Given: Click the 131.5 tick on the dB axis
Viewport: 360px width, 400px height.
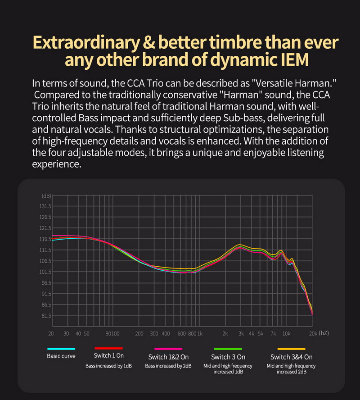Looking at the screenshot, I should (x=46, y=206).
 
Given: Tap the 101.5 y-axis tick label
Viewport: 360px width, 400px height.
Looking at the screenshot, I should (x=46, y=272).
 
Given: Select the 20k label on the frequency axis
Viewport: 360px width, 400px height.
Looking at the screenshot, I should (x=313, y=333).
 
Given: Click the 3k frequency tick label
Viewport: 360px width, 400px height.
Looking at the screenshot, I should (x=241, y=333).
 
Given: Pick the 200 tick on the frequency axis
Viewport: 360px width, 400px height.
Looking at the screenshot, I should (x=139, y=333).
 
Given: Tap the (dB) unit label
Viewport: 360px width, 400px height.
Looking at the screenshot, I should (x=46, y=195).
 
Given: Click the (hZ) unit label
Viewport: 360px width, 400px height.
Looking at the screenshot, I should (x=324, y=333).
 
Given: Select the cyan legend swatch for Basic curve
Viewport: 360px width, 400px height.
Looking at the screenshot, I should (x=61, y=349).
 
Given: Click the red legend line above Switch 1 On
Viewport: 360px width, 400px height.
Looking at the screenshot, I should (x=108, y=348).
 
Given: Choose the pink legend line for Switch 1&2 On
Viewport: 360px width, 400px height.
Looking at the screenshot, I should (x=168, y=349).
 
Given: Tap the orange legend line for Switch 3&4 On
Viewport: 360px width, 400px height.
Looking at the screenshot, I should (x=291, y=349).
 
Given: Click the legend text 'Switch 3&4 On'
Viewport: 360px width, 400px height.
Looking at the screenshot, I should (x=291, y=357).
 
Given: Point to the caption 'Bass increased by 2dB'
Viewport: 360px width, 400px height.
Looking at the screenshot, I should (x=168, y=366).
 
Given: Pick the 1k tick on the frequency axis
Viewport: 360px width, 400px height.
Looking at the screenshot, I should (x=200, y=333).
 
